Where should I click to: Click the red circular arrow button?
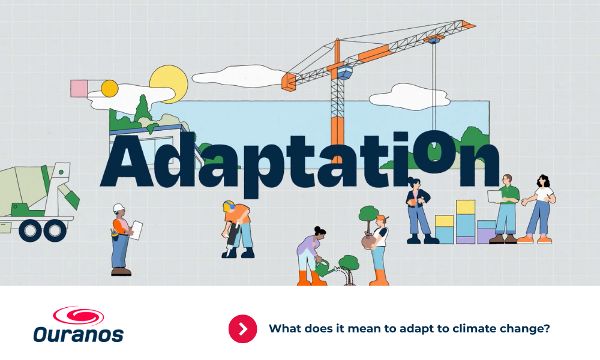coord(242,329)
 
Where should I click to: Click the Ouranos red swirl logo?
coord(79,316)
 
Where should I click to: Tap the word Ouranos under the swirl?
coord(79,334)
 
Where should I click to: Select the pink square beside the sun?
coord(79,88)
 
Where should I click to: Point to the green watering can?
coord(324,268)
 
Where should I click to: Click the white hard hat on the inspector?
coord(119,208)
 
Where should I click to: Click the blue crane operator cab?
coord(343,71)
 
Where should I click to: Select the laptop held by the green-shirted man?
coord(495,196)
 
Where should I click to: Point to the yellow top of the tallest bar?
coord(466,207)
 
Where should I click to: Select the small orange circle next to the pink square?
coord(110,88)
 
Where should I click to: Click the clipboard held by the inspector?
coord(136,230)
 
